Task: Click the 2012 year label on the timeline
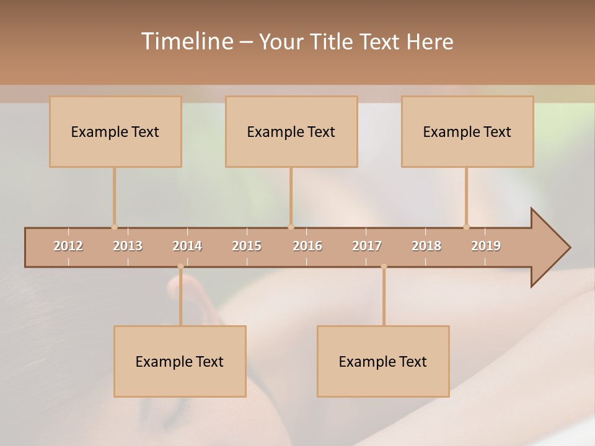pos(68,246)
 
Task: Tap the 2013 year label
pos(128,246)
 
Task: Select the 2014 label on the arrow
pos(187,246)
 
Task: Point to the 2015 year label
pos(247,246)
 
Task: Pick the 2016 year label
pos(307,246)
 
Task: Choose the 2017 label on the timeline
pos(367,246)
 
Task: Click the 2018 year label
pos(426,246)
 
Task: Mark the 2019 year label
pos(486,246)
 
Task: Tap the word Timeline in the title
pos(186,42)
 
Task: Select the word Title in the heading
pos(333,42)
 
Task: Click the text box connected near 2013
pos(115,131)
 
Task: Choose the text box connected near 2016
pos(291,131)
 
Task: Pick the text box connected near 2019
pos(467,131)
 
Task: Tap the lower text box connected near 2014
pos(180,361)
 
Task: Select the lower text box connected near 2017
pos(383,361)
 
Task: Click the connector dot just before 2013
pos(114,227)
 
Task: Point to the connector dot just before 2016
pos(291,227)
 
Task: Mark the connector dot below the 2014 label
pos(180,266)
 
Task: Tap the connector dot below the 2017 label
pos(384,266)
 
